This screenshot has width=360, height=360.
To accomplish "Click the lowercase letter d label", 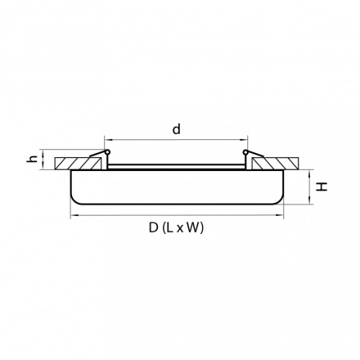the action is [x=177, y=129].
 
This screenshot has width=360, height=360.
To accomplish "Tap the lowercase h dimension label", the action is [x=33, y=159].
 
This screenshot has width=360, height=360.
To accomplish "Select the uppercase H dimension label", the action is [x=322, y=187].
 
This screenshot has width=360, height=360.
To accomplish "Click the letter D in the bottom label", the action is [x=154, y=227].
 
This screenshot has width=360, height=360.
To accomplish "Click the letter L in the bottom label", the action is [x=170, y=227].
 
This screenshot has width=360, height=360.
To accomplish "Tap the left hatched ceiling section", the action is [x=77, y=163].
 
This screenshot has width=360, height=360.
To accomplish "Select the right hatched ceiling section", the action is [x=274, y=163].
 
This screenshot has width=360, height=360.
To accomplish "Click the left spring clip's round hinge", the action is [x=107, y=151].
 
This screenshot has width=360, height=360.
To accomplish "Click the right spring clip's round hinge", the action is [x=245, y=151].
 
